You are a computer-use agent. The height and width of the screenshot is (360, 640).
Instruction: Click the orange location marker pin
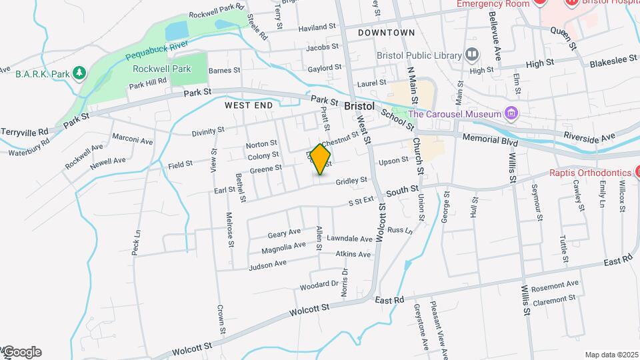coord(321,159)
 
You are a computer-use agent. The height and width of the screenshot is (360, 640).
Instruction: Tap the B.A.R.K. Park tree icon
coord(80,72)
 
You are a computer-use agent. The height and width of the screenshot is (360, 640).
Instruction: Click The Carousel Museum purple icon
coord(511,113)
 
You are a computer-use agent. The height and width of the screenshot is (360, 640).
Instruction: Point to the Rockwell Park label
coord(161,69)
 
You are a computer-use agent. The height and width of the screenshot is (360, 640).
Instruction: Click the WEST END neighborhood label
coord(249,105)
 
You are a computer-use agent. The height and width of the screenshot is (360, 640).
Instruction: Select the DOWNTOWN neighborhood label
coord(386,33)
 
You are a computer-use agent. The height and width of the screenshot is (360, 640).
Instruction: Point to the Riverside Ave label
coord(589,137)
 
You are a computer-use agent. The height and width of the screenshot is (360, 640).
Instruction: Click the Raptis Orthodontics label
coord(589,173)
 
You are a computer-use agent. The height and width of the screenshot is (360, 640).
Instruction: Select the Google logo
coord(21,352)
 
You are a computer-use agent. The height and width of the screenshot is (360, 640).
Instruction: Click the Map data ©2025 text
coord(611,355)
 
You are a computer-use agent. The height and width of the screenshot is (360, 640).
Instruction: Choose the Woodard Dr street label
coord(319,285)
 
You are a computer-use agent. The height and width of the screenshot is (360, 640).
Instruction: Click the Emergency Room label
coord(487,3)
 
